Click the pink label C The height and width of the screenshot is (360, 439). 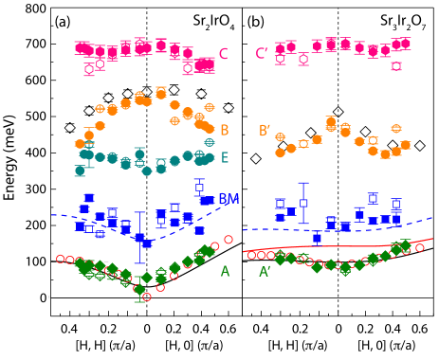pyautogui.click(x=223, y=54)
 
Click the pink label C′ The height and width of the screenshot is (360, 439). pyautogui.click(x=261, y=54)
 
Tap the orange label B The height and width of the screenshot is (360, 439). pyautogui.click(x=224, y=130)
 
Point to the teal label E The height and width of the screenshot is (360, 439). pyautogui.click(x=224, y=157)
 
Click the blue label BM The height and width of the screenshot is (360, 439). pyautogui.click(x=229, y=199)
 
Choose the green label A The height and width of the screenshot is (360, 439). pyautogui.click(x=225, y=272)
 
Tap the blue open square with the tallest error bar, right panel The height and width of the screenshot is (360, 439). pyautogui.click(x=303, y=203)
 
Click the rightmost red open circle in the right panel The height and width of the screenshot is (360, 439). pyautogui.click(x=419, y=247)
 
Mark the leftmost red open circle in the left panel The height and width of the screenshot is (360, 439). pyautogui.click(x=61, y=258)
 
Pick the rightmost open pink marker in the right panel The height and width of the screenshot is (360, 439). pyautogui.click(x=395, y=66)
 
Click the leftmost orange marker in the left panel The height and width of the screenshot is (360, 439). pyautogui.click(x=80, y=144)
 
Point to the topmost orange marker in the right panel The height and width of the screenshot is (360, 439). pyautogui.click(x=330, y=120)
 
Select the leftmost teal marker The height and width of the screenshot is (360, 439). pyautogui.click(x=80, y=171)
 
